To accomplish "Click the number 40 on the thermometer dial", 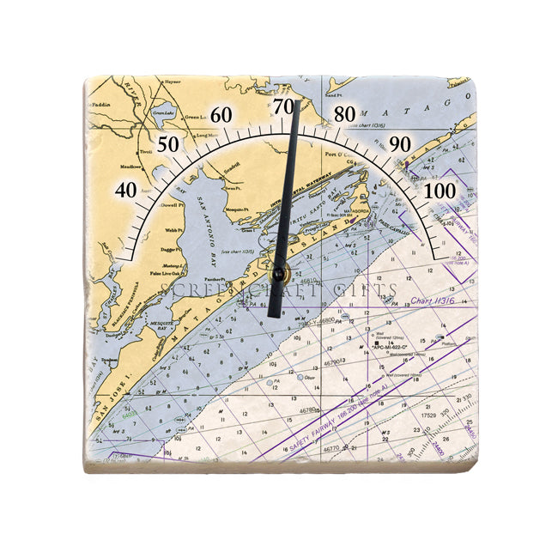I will coord(126,190).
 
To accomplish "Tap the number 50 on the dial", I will coord(169,144).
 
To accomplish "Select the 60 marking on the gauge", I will coord(221,115).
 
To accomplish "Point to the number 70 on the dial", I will coord(284,107).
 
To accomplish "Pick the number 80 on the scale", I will coord(345,114).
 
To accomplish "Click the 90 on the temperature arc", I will coord(400,144).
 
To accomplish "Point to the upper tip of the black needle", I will coord(297,102).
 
